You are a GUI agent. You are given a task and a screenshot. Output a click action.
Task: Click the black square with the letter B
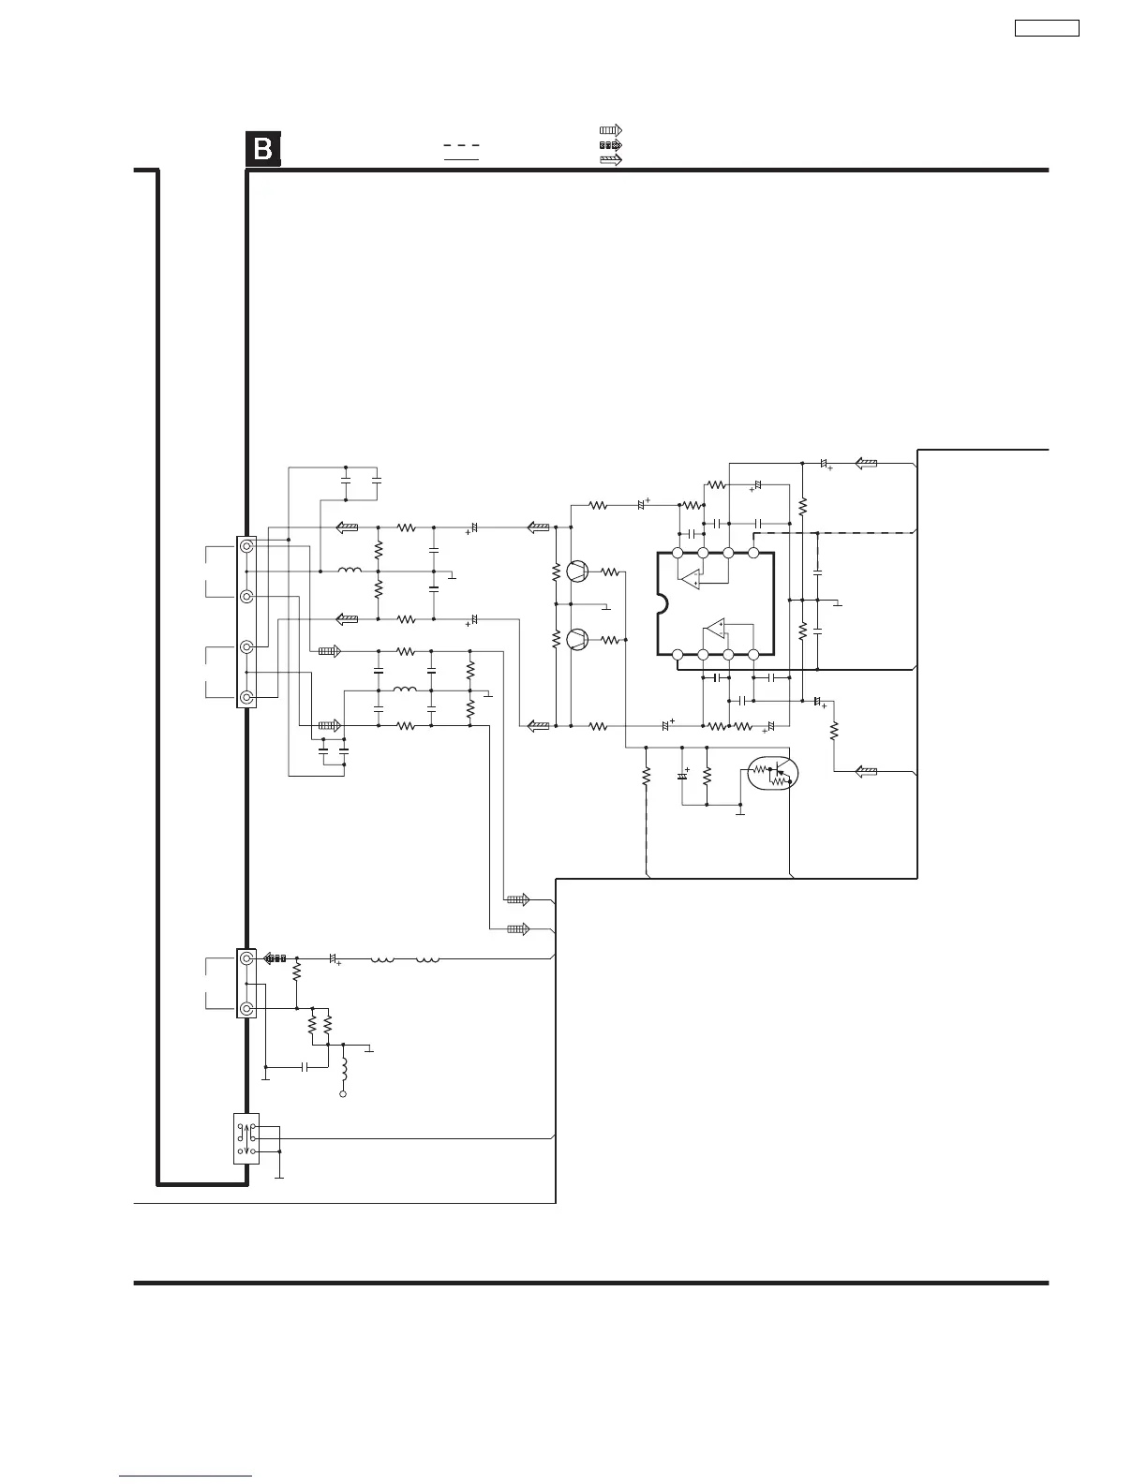pyautogui.click(x=263, y=149)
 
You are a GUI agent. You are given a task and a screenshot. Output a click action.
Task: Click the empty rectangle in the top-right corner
pyautogui.click(x=1047, y=28)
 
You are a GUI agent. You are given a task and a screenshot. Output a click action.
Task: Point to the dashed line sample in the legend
pyautogui.click(x=461, y=145)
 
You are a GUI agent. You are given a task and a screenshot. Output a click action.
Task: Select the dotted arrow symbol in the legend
pyautogui.click(x=611, y=145)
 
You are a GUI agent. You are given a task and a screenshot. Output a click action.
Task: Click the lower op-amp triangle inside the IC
pyautogui.click(x=714, y=629)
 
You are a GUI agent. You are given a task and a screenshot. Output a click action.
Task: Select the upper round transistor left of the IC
pyautogui.click(x=577, y=571)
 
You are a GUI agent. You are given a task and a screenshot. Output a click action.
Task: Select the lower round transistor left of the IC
pyautogui.click(x=577, y=640)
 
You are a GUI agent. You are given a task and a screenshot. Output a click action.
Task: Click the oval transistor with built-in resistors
pyautogui.click(x=773, y=773)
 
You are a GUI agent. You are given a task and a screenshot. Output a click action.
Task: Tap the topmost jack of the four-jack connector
pyautogui.click(x=246, y=546)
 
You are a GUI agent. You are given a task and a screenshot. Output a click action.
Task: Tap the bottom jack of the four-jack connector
pyautogui.click(x=246, y=697)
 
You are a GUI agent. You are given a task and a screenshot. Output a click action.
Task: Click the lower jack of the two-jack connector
pyautogui.click(x=246, y=1008)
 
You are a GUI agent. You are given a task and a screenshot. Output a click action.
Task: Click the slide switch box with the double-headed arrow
pyautogui.click(x=246, y=1138)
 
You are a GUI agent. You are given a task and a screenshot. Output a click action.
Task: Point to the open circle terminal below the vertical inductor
pyautogui.click(x=343, y=1094)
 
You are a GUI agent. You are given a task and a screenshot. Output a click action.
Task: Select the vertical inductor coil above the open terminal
pyautogui.click(x=344, y=1070)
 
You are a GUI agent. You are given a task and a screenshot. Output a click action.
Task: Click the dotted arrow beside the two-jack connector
pyautogui.click(x=275, y=958)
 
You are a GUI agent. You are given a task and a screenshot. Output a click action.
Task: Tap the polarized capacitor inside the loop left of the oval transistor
pyautogui.click(x=682, y=776)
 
